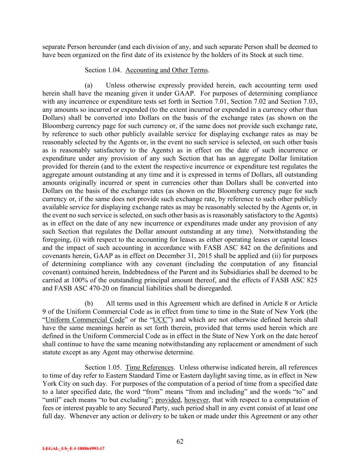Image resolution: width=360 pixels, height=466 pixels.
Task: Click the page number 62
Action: pyautogui.click(x=180, y=441)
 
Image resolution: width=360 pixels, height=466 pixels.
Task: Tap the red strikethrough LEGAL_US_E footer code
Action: pyautogui.click(x=73, y=449)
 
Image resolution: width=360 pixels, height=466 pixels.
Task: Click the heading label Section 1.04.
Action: pyautogui.click(x=103, y=70)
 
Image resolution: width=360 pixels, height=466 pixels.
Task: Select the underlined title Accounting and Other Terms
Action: pyautogui.click(x=167, y=70)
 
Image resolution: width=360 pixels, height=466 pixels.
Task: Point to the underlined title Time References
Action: pyautogui.click(x=149, y=368)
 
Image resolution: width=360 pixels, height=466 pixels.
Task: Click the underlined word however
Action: pyautogui.click(x=197, y=400)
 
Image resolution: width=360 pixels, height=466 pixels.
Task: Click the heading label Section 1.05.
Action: pyautogui.click(x=103, y=368)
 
